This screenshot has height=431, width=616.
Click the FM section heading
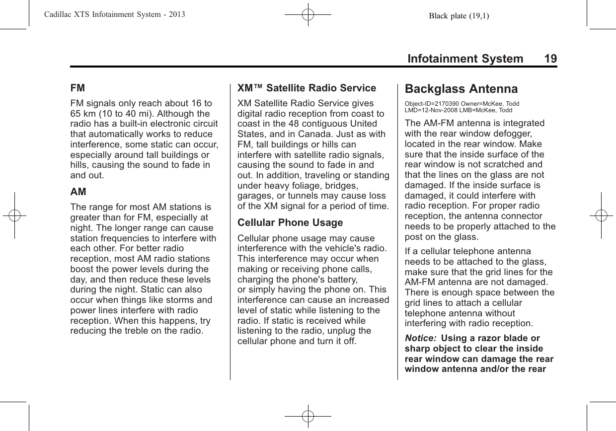[x=77, y=88]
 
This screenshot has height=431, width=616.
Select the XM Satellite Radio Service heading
[x=307, y=88]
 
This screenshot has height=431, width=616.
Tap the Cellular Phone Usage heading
[x=290, y=222]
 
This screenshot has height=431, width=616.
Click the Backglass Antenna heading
[x=461, y=89]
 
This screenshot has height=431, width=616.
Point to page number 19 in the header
[x=550, y=59]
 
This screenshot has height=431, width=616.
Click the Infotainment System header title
[x=465, y=59]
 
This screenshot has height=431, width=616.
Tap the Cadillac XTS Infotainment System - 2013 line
[x=108, y=14]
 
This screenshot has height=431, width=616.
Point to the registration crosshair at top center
[x=308, y=15]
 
